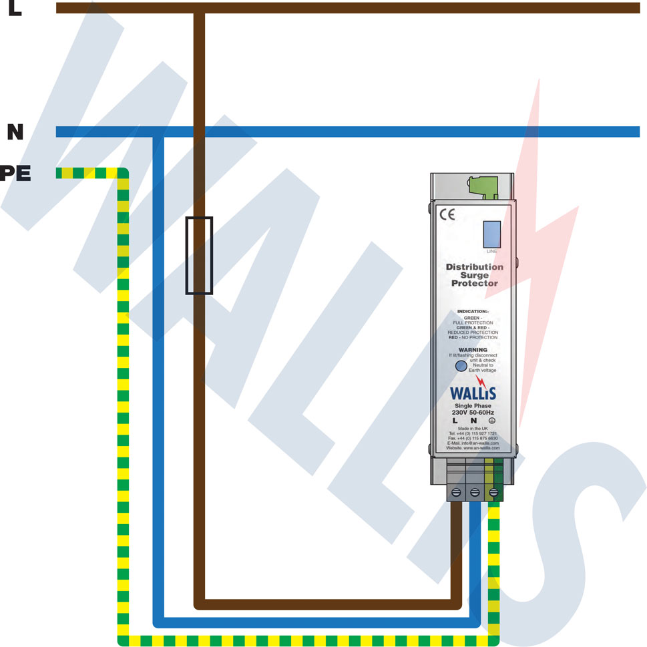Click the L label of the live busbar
[15, 9]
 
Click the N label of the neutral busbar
[15, 132]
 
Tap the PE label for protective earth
[15, 174]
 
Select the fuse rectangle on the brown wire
[199, 256]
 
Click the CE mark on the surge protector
[447, 215]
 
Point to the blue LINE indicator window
[491, 234]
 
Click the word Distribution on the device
[474, 267]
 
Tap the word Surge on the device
[474, 275]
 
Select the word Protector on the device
[474, 284]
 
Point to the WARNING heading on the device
[473, 349]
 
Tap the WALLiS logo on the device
[473, 393]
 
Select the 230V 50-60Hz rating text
[473, 413]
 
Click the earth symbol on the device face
[491, 421]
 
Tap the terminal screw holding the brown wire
[456, 493]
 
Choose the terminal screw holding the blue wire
[475, 493]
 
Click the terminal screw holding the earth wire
[493, 493]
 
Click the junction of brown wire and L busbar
[199, 8]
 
